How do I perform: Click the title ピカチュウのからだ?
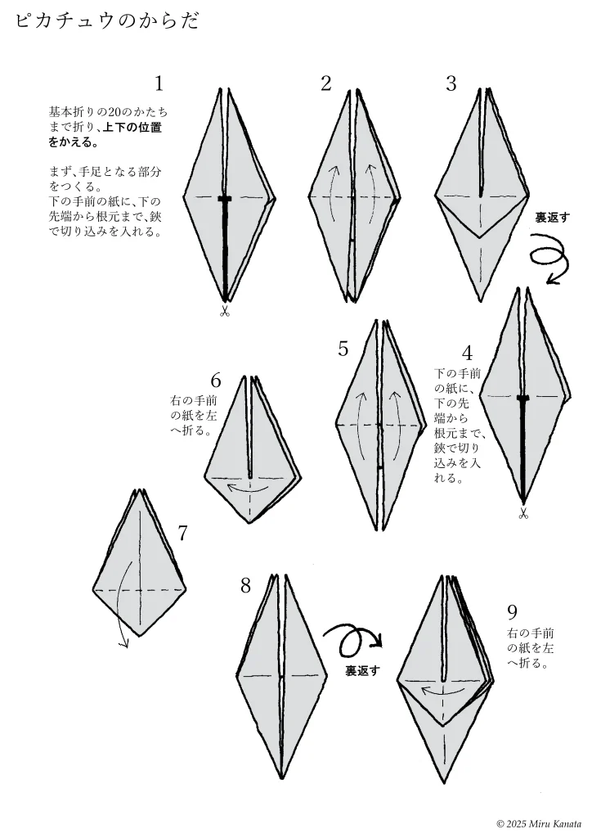coord(107,20)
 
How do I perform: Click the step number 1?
coord(159,83)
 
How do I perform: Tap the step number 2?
coord(326,83)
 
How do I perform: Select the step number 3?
coord(451,83)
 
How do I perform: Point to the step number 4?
coord(468,354)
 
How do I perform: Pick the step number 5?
coord(343,349)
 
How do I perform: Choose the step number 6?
coord(216,381)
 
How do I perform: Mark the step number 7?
coord(182,533)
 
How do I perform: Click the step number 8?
coord(245,586)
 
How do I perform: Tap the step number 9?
coord(513,611)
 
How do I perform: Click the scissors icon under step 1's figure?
coord(224,311)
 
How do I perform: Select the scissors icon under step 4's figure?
coord(522,514)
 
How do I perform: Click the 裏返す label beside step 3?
coord(553,218)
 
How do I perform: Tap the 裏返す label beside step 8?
coord(362,671)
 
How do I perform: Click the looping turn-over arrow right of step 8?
coord(353,640)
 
